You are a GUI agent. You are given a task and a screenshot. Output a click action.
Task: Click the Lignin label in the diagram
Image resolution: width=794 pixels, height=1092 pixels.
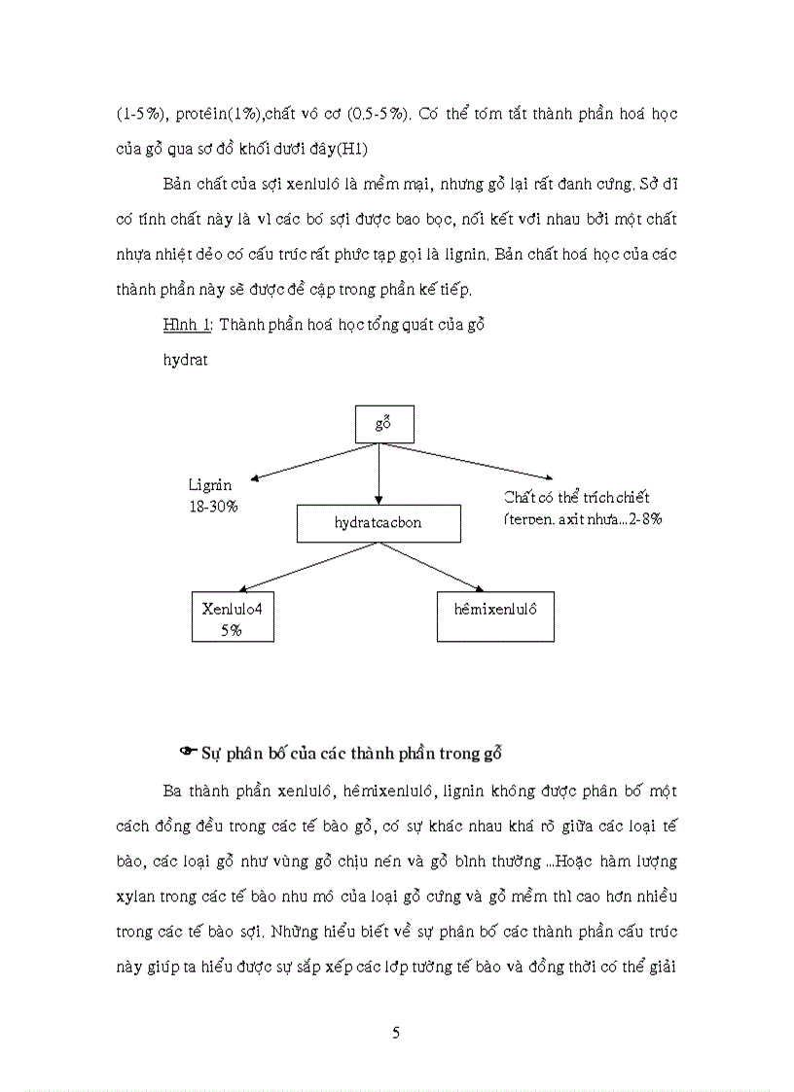pyautogui.click(x=206, y=484)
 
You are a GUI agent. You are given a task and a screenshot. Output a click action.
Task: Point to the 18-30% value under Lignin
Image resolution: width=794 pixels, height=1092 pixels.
pyautogui.click(x=213, y=507)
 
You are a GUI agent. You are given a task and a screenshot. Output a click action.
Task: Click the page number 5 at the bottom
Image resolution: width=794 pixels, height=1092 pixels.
pyautogui.click(x=396, y=1033)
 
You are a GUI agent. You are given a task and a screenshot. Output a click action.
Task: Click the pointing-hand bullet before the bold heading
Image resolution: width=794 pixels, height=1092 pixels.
pyautogui.click(x=189, y=751)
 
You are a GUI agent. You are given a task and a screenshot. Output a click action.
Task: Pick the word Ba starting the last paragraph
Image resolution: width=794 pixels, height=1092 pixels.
pyautogui.click(x=173, y=790)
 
